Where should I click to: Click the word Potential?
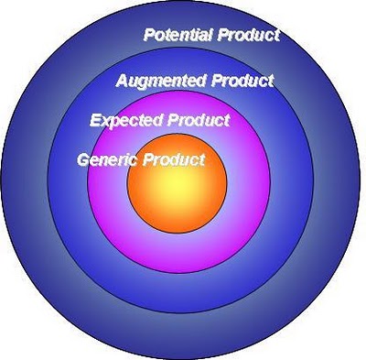(179, 36)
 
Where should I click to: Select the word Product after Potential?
(249, 36)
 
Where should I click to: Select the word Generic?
(106, 159)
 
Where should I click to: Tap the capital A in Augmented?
(122, 81)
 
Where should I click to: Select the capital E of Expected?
(95, 120)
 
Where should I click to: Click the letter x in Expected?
(105, 121)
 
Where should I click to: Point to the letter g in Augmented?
(145, 82)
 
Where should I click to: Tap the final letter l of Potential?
(212, 36)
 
